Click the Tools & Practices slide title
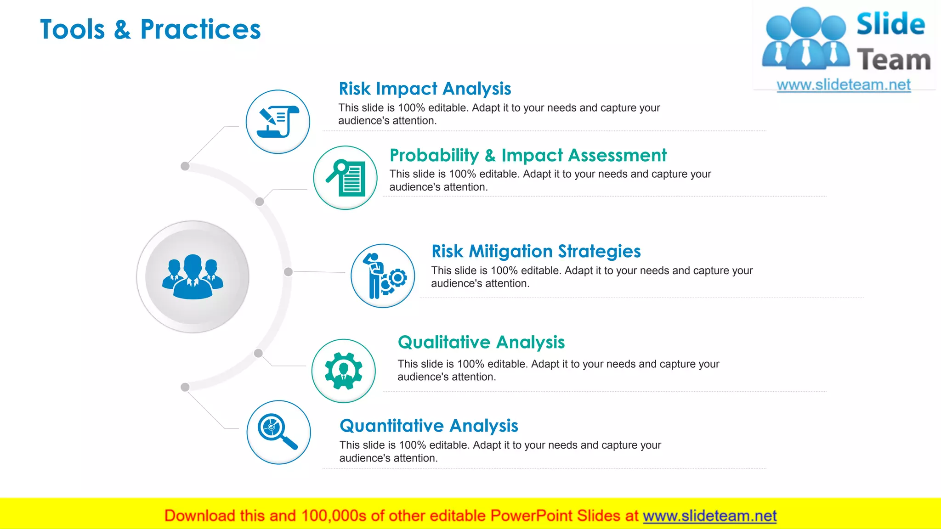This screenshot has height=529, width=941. (x=150, y=29)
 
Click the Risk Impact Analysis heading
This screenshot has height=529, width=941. (x=425, y=89)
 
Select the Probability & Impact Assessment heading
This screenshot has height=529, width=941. (x=528, y=155)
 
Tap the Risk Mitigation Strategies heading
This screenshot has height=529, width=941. (x=536, y=251)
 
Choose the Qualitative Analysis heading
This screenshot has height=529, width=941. (x=481, y=342)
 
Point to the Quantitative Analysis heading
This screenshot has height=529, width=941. (x=429, y=426)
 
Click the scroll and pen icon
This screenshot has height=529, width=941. (x=278, y=122)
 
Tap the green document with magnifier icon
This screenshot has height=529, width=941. (x=346, y=178)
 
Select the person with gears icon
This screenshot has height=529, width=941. (x=383, y=276)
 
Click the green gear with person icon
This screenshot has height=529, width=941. (x=344, y=371)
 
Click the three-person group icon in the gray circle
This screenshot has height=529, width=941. (x=193, y=277)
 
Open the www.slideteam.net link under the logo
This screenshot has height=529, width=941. (x=844, y=85)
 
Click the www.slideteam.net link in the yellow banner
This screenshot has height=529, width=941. (x=709, y=516)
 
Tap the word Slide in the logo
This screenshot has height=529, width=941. (x=890, y=24)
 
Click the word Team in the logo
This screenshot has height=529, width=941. (x=894, y=61)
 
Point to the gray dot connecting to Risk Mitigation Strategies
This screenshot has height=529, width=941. (x=288, y=272)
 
